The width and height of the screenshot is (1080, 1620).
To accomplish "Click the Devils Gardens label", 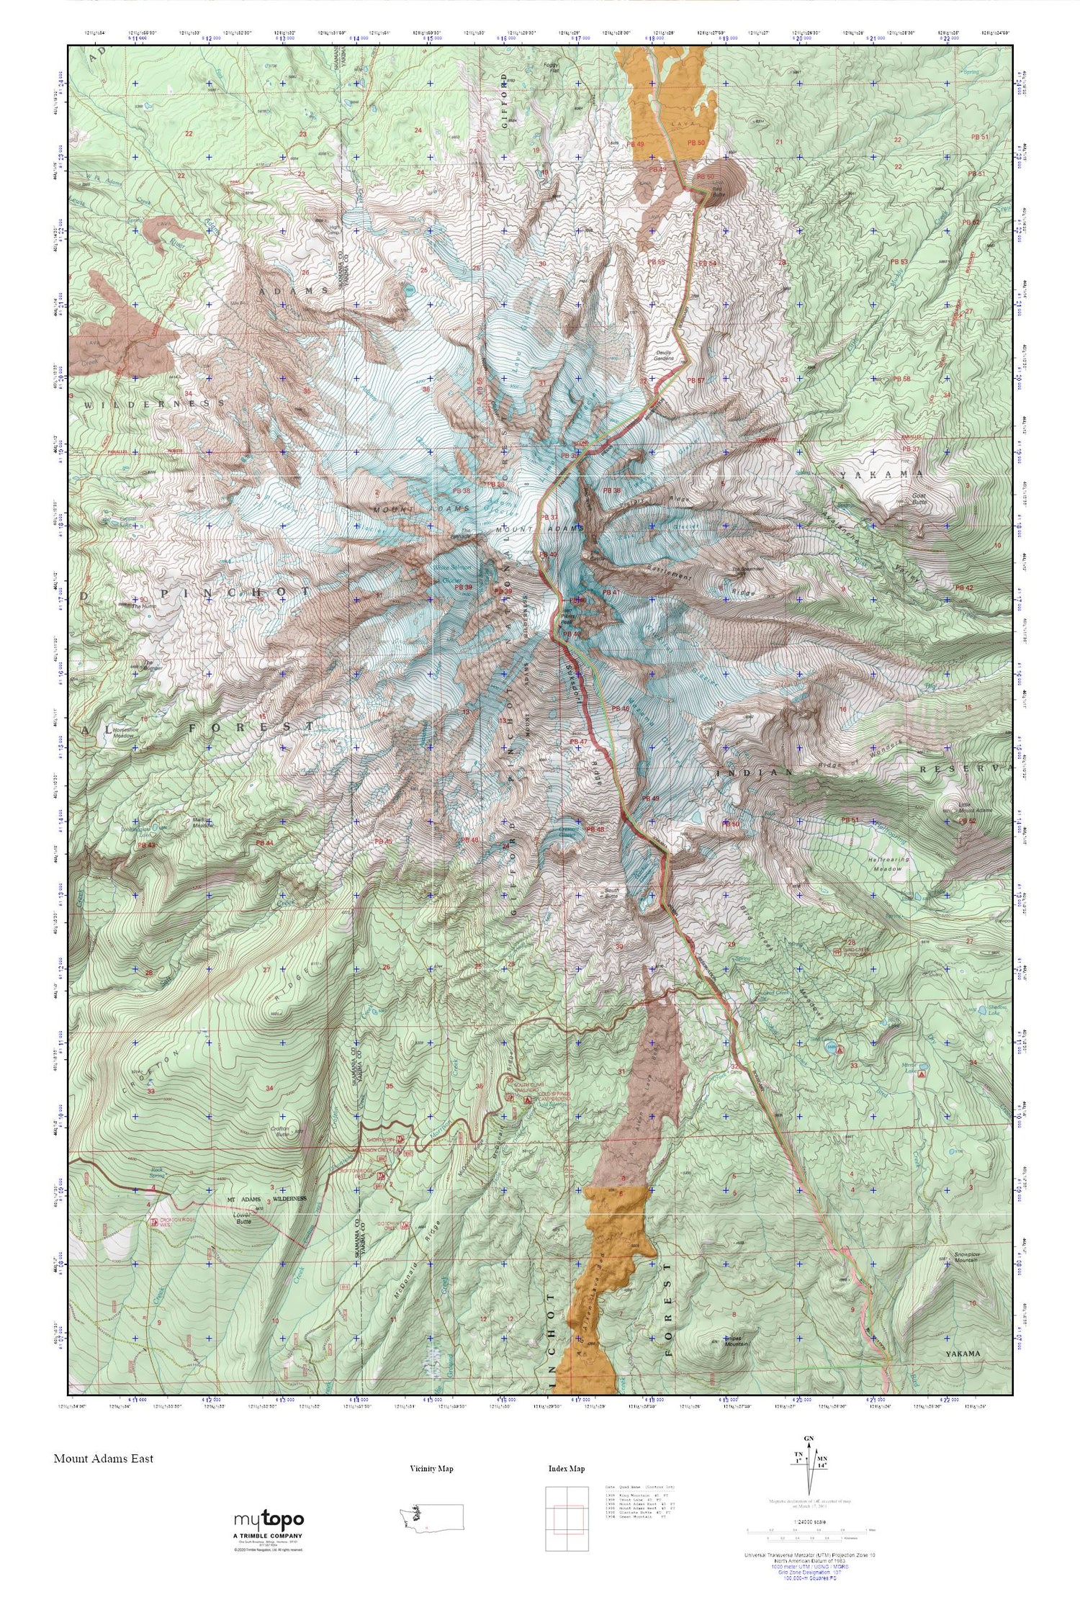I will point(665,354).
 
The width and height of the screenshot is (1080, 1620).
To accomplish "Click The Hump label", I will point(143,606).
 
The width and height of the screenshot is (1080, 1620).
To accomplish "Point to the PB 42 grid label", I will point(963,588).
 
